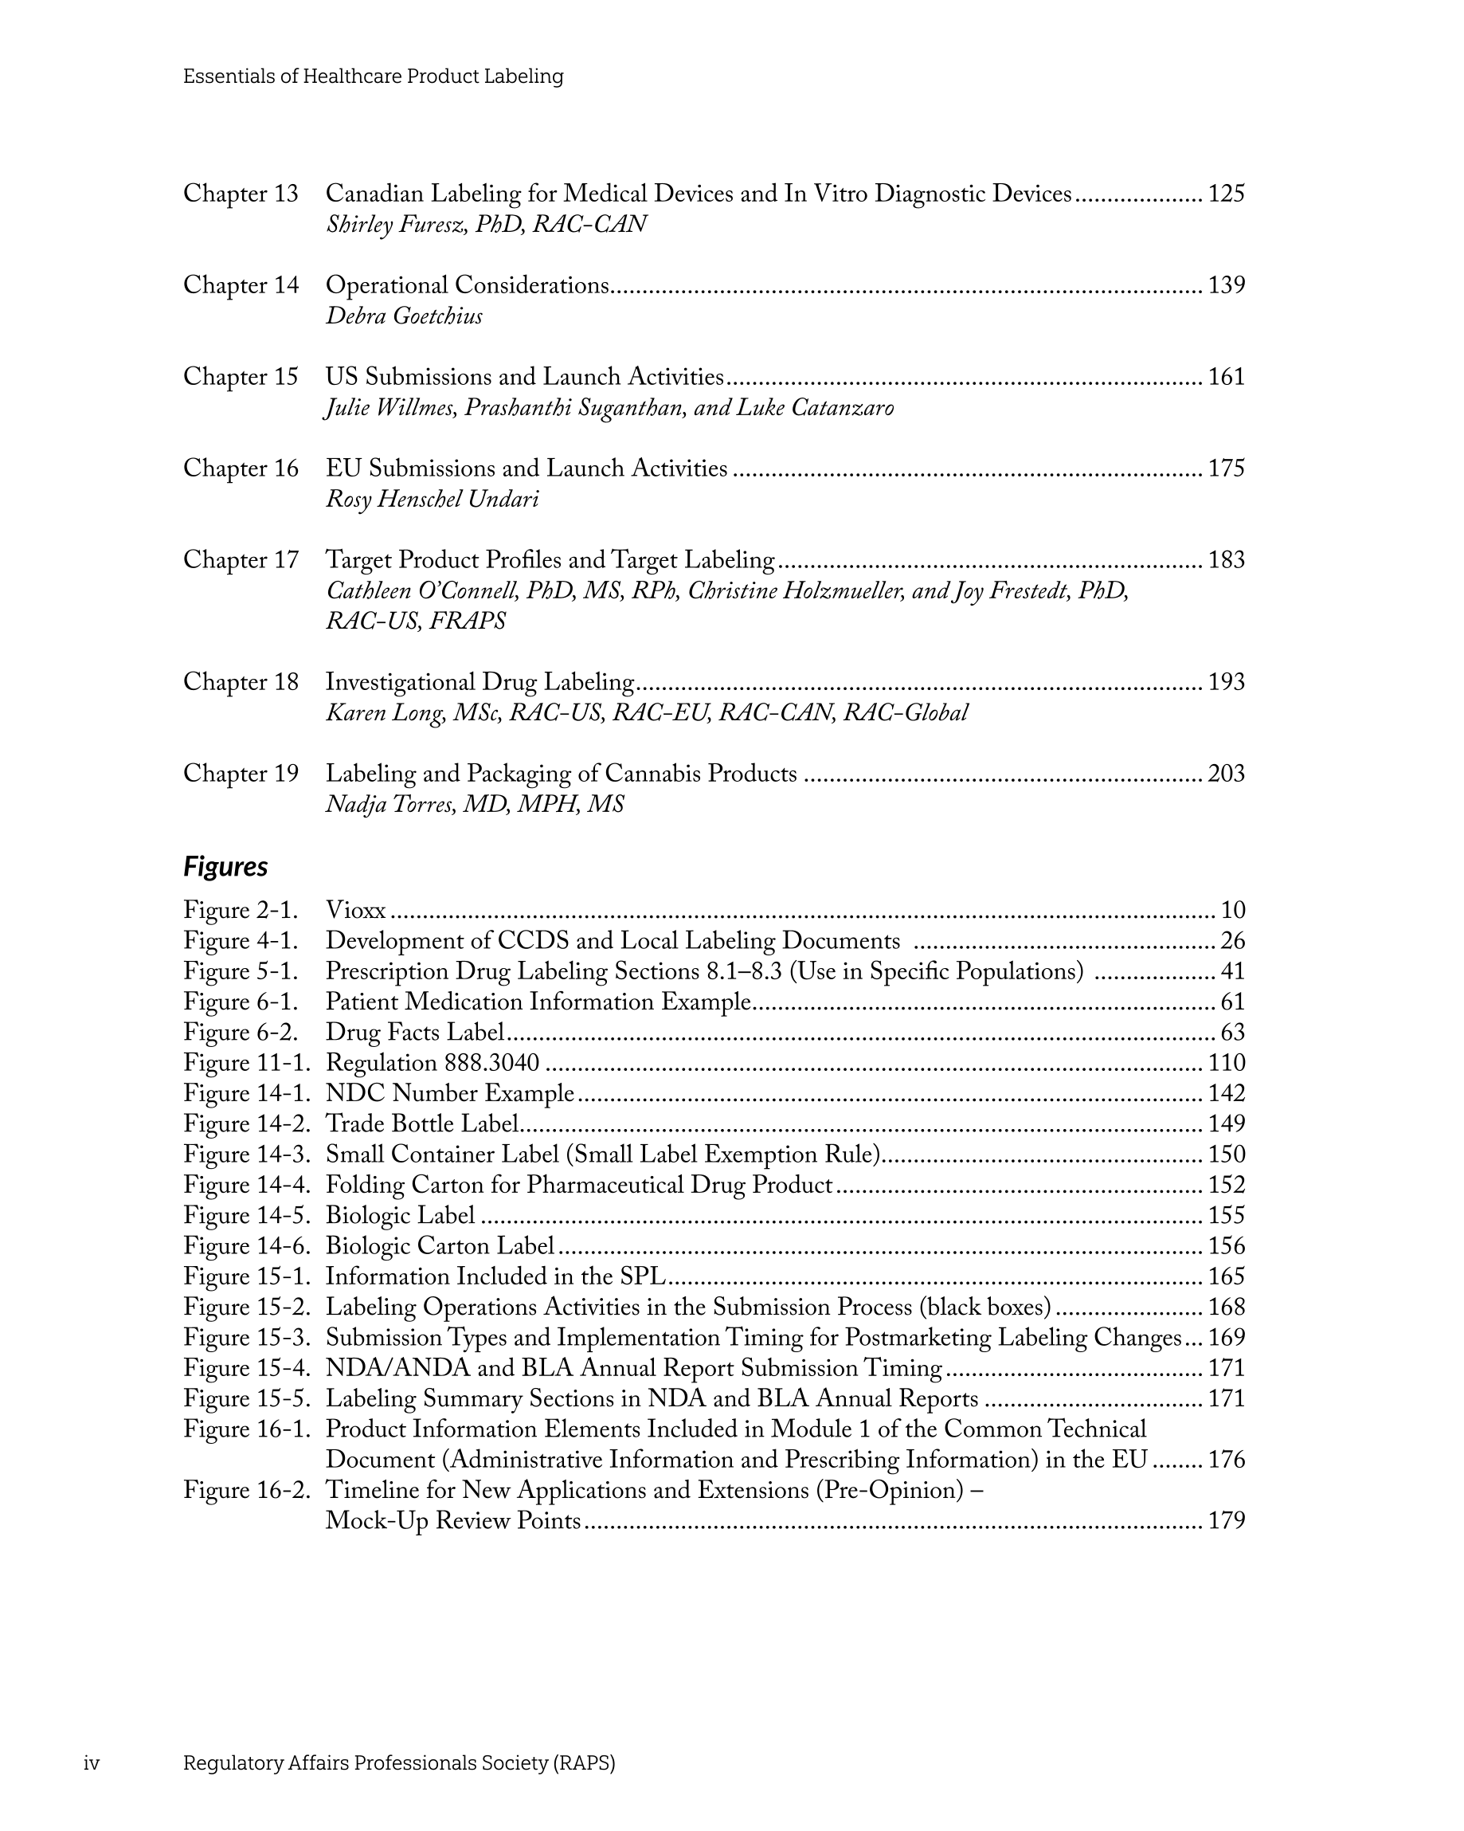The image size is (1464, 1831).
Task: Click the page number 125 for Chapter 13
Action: [x=1225, y=194]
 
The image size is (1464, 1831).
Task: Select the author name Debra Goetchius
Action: [x=404, y=316]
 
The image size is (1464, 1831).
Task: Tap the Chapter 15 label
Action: [x=241, y=376]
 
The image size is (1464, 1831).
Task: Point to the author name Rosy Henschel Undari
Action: [x=433, y=500]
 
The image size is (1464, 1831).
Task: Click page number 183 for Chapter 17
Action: [x=1225, y=559]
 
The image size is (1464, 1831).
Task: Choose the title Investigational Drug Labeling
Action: [x=480, y=682]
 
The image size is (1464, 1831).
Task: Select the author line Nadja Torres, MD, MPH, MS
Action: [x=475, y=804]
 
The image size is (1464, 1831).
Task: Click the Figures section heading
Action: [x=225, y=866]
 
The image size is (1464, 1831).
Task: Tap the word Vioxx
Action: [x=356, y=911]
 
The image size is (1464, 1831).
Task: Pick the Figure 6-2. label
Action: [x=241, y=1032]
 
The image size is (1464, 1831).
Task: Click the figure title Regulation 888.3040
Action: [x=433, y=1062]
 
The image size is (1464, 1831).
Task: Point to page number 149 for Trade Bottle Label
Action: [x=1225, y=1123]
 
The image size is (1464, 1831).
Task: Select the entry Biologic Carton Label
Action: [x=440, y=1246]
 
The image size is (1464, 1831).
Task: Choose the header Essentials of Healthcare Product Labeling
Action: [x=373, y=76]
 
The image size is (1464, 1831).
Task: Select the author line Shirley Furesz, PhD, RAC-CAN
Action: [x=486, y=224]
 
